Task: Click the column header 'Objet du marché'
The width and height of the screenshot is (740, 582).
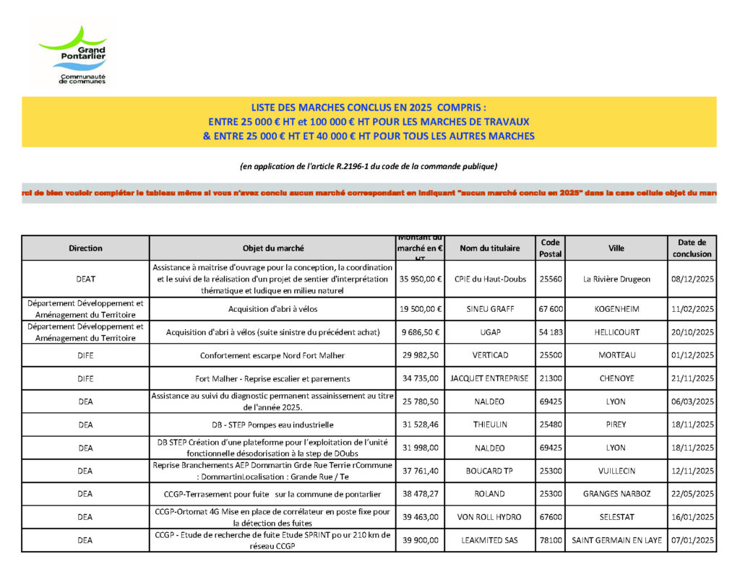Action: click(x=273, y=248)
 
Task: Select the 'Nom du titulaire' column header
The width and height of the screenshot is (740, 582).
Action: click(x=489, y=248)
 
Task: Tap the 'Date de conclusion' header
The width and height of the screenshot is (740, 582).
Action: click(x=692, y=248)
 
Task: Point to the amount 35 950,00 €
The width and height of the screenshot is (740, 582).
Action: click(x=421, y=279)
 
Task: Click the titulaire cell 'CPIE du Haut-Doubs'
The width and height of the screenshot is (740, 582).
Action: click(x=489, y=279)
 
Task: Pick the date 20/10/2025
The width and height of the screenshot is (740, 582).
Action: click(x=692, y=332)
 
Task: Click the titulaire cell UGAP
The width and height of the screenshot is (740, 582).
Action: click(x=489, y=332)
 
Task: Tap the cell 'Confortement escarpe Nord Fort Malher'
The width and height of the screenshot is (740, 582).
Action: click(x=273, y=355)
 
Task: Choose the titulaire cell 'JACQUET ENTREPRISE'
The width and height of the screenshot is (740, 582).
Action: click(x=489, y=378)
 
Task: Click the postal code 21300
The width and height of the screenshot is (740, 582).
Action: click(x=550, y=378)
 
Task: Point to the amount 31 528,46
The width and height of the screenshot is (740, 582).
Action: click(x=421, y=425)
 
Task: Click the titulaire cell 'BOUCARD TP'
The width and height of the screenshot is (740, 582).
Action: click(x=489, y=471)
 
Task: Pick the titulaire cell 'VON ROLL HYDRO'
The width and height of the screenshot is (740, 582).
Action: click(x=489, y=517)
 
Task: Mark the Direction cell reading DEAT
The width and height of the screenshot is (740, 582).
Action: click(x=85, y=279)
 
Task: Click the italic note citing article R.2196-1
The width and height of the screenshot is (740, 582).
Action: click(x=369, y=166)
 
